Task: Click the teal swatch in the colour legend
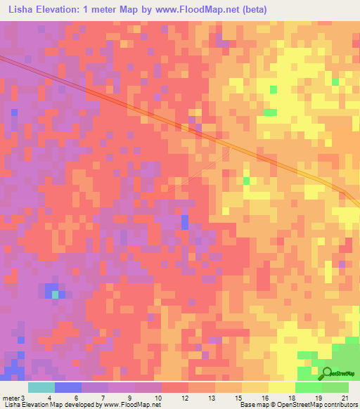(41, 387)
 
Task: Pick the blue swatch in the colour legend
(67, 387)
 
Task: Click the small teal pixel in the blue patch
(56, 294)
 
